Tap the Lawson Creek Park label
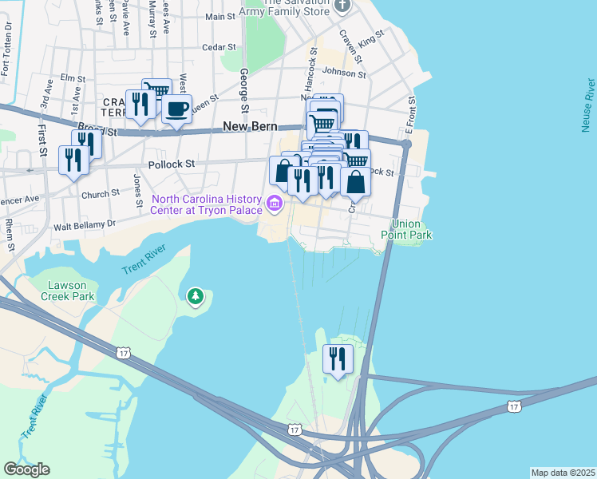tap(71, 291)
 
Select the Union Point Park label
tap(411, 230)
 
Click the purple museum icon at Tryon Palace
tap(275, 204)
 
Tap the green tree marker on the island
tap(196, 298)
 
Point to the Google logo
tap(26, 469)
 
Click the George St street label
tap(245, 89)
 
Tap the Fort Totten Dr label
tap(8, 49)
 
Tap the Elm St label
tap(72, 78)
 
